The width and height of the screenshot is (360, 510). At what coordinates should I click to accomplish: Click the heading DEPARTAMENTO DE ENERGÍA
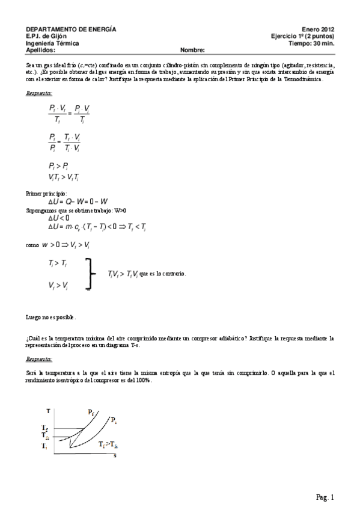pyautogui.click(x=71, y=29)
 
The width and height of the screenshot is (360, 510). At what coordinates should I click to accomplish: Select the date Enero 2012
pyautogui.click(x=318, y=29)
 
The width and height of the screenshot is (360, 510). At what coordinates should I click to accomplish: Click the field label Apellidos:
pyautogui.click(x=40, y=51)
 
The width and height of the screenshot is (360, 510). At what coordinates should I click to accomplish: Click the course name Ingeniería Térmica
pyautogui.click(x=52, y=43)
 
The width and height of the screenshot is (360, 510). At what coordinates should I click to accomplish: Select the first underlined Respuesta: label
pyautogui.click(x=39, y=93)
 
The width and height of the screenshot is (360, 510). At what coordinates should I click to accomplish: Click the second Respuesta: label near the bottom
pyautogui.click(x=39, y=359)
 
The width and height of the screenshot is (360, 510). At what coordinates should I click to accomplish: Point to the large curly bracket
pyautogui.click(x=91, y=274)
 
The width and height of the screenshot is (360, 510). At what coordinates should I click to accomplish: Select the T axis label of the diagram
pyautogui.click(x=47, y=410)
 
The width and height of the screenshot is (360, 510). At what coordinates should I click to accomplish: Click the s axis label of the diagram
pyautogui.click(x=115, y=455)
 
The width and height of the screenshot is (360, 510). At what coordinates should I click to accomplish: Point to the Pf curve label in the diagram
pyautogui.click(x=91, y=412)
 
